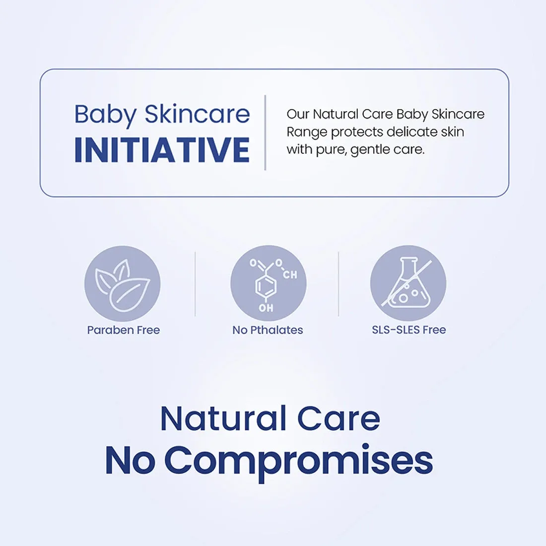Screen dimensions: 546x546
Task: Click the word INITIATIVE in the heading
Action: [162, 150]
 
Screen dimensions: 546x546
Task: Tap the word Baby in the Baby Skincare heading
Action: [105, 115]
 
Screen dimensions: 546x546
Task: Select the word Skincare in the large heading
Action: [197, 114]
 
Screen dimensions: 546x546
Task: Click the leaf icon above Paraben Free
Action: [122, 284]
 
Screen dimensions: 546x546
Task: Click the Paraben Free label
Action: [124, 330]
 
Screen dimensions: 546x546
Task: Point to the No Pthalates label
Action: [268, 330]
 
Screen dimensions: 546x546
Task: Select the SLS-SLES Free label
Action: [409, 330]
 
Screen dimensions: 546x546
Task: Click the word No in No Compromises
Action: [130, 461]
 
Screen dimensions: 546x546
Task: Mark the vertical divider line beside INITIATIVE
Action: [266, 133]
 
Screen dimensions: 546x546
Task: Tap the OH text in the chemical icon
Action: [266, 308]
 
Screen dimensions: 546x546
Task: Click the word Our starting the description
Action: [298, 114]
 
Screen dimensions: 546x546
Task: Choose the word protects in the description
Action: [357, 133]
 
